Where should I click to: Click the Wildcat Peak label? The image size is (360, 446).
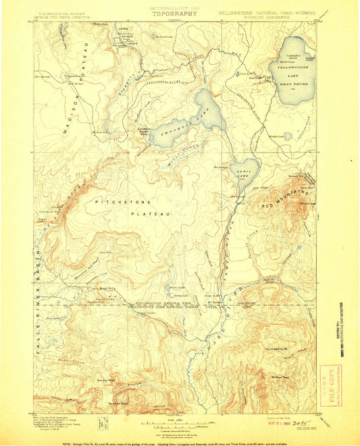click(x=280, y=377)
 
